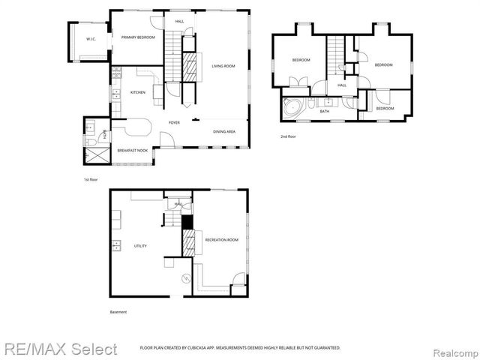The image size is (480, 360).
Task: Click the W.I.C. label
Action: (90, 38)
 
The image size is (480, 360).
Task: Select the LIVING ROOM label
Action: (223, 66)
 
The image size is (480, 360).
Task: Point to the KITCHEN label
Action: (138, 92)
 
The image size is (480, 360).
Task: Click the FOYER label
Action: (174, 122)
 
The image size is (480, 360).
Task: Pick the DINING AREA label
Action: (225, 131)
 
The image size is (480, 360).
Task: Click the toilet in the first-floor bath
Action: (89, 142)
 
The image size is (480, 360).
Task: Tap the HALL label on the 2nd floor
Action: (342, 85)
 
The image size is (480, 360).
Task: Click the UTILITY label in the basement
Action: (140, 245)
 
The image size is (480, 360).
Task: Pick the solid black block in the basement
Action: (187, 223)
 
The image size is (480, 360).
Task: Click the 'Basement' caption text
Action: (118, 312)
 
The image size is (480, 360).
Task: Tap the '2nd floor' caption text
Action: (289, 136)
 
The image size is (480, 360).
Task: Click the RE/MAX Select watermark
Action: (59, 349)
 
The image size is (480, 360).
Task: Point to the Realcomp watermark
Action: (454, 349)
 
